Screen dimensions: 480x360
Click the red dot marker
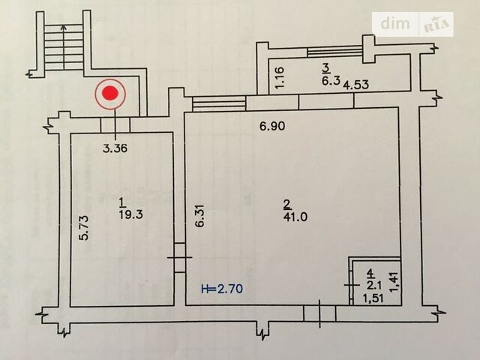point(110,93)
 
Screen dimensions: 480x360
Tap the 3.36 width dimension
point(115,148)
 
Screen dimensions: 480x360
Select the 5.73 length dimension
point(83,228)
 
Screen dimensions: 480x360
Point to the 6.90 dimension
point(272,126)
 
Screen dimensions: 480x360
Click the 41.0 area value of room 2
point(295,217)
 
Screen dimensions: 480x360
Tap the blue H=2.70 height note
point(222,288)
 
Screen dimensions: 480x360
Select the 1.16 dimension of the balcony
point(280,78)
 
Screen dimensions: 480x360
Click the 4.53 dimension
point(355,85)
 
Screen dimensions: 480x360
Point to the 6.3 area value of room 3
point(331,81)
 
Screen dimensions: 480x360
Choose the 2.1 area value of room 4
point(373,286)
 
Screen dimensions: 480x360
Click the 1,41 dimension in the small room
point(394,282)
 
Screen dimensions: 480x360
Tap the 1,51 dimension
point(373,298)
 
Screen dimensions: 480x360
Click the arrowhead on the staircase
point(63,28)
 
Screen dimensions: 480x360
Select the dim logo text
point(395,23)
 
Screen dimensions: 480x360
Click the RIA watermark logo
point(436,25)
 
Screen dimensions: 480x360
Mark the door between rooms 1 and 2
point(179,257)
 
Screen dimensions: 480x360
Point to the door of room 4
point(351,285)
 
